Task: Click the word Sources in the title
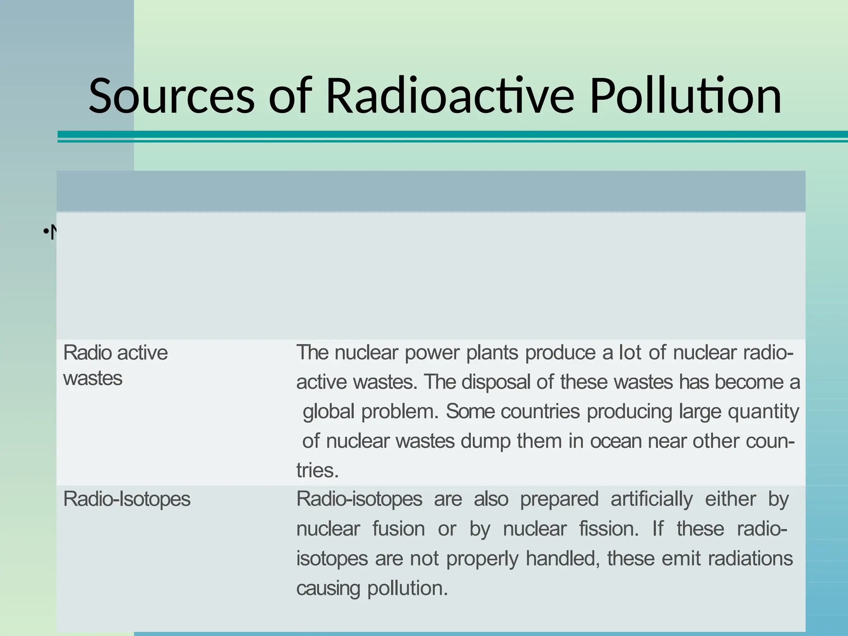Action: pyautogui.click(x=171, y=96)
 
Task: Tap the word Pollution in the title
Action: pyautogui.click(x=685, y=96)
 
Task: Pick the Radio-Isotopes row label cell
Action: pyautogui.click(x=127, y=499)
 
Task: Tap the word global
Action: pyautogui.click(x=329, y=412)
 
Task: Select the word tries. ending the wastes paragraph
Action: pyautogui.click(x=318, y=471)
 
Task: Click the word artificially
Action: pyautogui.click(x=651, y=499)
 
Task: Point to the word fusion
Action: pyautogui.click(x=398, y=529)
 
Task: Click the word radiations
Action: pyautogui.click(x=750, y=559)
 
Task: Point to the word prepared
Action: pyautogui.click(x=559, y=499)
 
